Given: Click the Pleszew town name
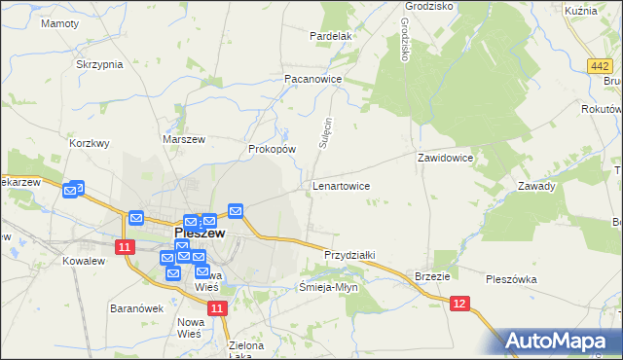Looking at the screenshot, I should (x=201, y=234).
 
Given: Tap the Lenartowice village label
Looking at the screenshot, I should (x=341, y=185).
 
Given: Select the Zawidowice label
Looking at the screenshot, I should (x=445, y=157).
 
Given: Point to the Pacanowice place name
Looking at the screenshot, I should (x=312, y=78).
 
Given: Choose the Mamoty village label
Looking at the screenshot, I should (x=59, y=22).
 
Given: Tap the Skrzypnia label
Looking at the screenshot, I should (x=99, y=64).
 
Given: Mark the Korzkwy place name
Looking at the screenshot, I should (x=90, y=142).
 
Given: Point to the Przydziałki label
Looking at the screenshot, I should (x=349, y=255).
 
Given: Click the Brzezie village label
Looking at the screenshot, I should (x=432, y=276).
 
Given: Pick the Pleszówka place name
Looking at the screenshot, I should (x=511, y=279).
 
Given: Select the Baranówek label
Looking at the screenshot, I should (x=135, y=308).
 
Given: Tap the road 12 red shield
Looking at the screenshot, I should (x=460, y=306).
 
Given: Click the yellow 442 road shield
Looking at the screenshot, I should (x=600, y=64).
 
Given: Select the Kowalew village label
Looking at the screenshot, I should (x=83, y=262).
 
